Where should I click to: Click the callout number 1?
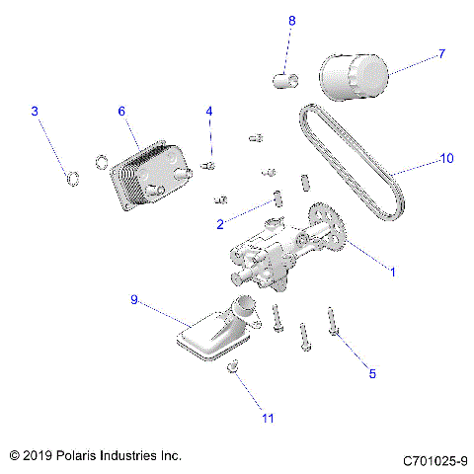(392, 271)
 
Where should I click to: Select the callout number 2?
(220, 224)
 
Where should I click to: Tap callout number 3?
(35, 112)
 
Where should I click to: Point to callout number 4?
(208, 112)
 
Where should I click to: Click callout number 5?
(372, 373)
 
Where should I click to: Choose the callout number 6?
(121, 112)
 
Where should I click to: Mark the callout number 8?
(291, 21)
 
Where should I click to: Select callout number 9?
(134, 299)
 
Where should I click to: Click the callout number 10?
(446, 158)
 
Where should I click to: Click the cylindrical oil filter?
(355, 77)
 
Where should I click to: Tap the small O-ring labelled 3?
(71, 179)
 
